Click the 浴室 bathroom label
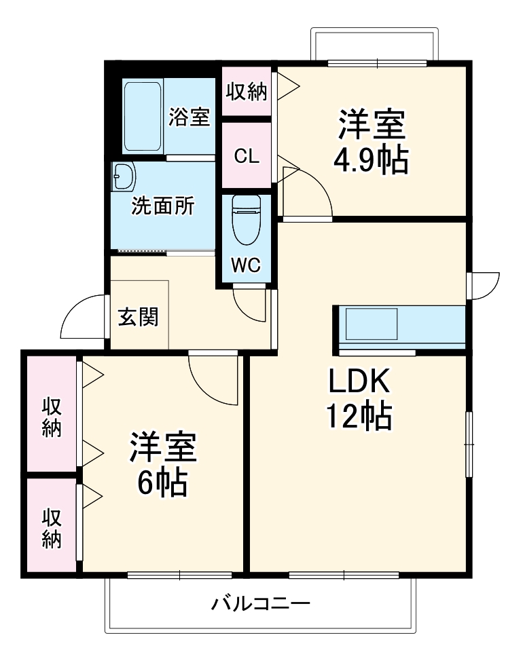click(x=189, y=117)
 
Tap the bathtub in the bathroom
click(x=143, y=117)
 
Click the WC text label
click(x=246, y=265)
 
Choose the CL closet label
click(x=247, y=156)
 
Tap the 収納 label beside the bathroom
click(x=247, y=91)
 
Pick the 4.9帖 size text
click(x=371, y=160)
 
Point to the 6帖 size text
click(x=163, y=483)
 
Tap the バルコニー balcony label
click(x=260, y=603)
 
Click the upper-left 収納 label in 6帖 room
click(x=52, y=417)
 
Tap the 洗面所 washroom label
click(x=163, y=206)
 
